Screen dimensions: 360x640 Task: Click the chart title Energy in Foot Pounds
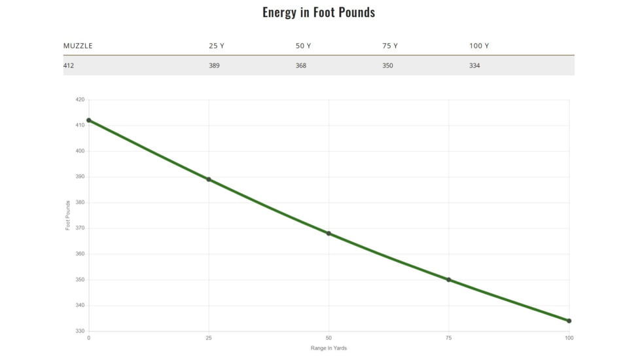point(319,12)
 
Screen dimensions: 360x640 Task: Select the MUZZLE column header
point(78,46)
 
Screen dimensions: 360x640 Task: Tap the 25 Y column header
point(216,46)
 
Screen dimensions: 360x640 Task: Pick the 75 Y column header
point(390,46)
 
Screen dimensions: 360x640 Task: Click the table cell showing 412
point(69,65)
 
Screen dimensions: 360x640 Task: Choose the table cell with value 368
point(301,65)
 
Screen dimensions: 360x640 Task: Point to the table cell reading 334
point(474,65)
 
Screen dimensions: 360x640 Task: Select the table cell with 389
point(214,65)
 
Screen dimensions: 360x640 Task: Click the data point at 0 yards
point(88,120)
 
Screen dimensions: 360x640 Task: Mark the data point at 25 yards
point(209,179)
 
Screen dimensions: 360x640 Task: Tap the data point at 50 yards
point(329,233)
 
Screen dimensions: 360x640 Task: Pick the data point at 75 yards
point(449,279)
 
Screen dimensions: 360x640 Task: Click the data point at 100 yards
point(569,321)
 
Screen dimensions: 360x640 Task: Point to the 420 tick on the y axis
point(80,99)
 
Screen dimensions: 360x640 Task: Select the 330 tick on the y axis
point(80,331)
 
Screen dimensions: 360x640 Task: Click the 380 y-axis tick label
point(80,202)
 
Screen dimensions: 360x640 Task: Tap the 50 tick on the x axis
point(329,338)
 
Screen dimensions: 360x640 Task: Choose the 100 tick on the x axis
point(569,338)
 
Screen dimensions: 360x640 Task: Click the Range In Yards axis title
point(329,348)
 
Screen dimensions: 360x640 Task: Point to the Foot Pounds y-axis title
point(68,215)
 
